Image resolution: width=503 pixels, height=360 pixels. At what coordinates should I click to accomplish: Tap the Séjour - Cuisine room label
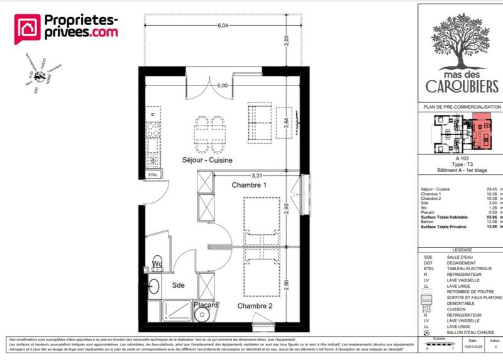tap(207, 160)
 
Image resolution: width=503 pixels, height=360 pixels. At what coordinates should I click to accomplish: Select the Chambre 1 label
tap(250, 185)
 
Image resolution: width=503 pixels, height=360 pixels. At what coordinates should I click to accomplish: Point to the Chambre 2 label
tap(255, 306)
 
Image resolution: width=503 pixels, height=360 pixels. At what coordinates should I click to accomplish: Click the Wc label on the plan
tap(157, 263)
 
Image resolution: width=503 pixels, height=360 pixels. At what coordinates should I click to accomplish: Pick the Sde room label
tap(179, 285)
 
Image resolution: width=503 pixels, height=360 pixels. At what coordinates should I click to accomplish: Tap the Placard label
tap(206, 305)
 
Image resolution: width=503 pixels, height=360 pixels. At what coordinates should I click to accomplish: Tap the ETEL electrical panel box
tap(153, 175)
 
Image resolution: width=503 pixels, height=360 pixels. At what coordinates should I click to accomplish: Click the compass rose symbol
tap(41, 77)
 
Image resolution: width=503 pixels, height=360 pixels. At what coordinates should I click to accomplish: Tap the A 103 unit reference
tap(462, 158)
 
